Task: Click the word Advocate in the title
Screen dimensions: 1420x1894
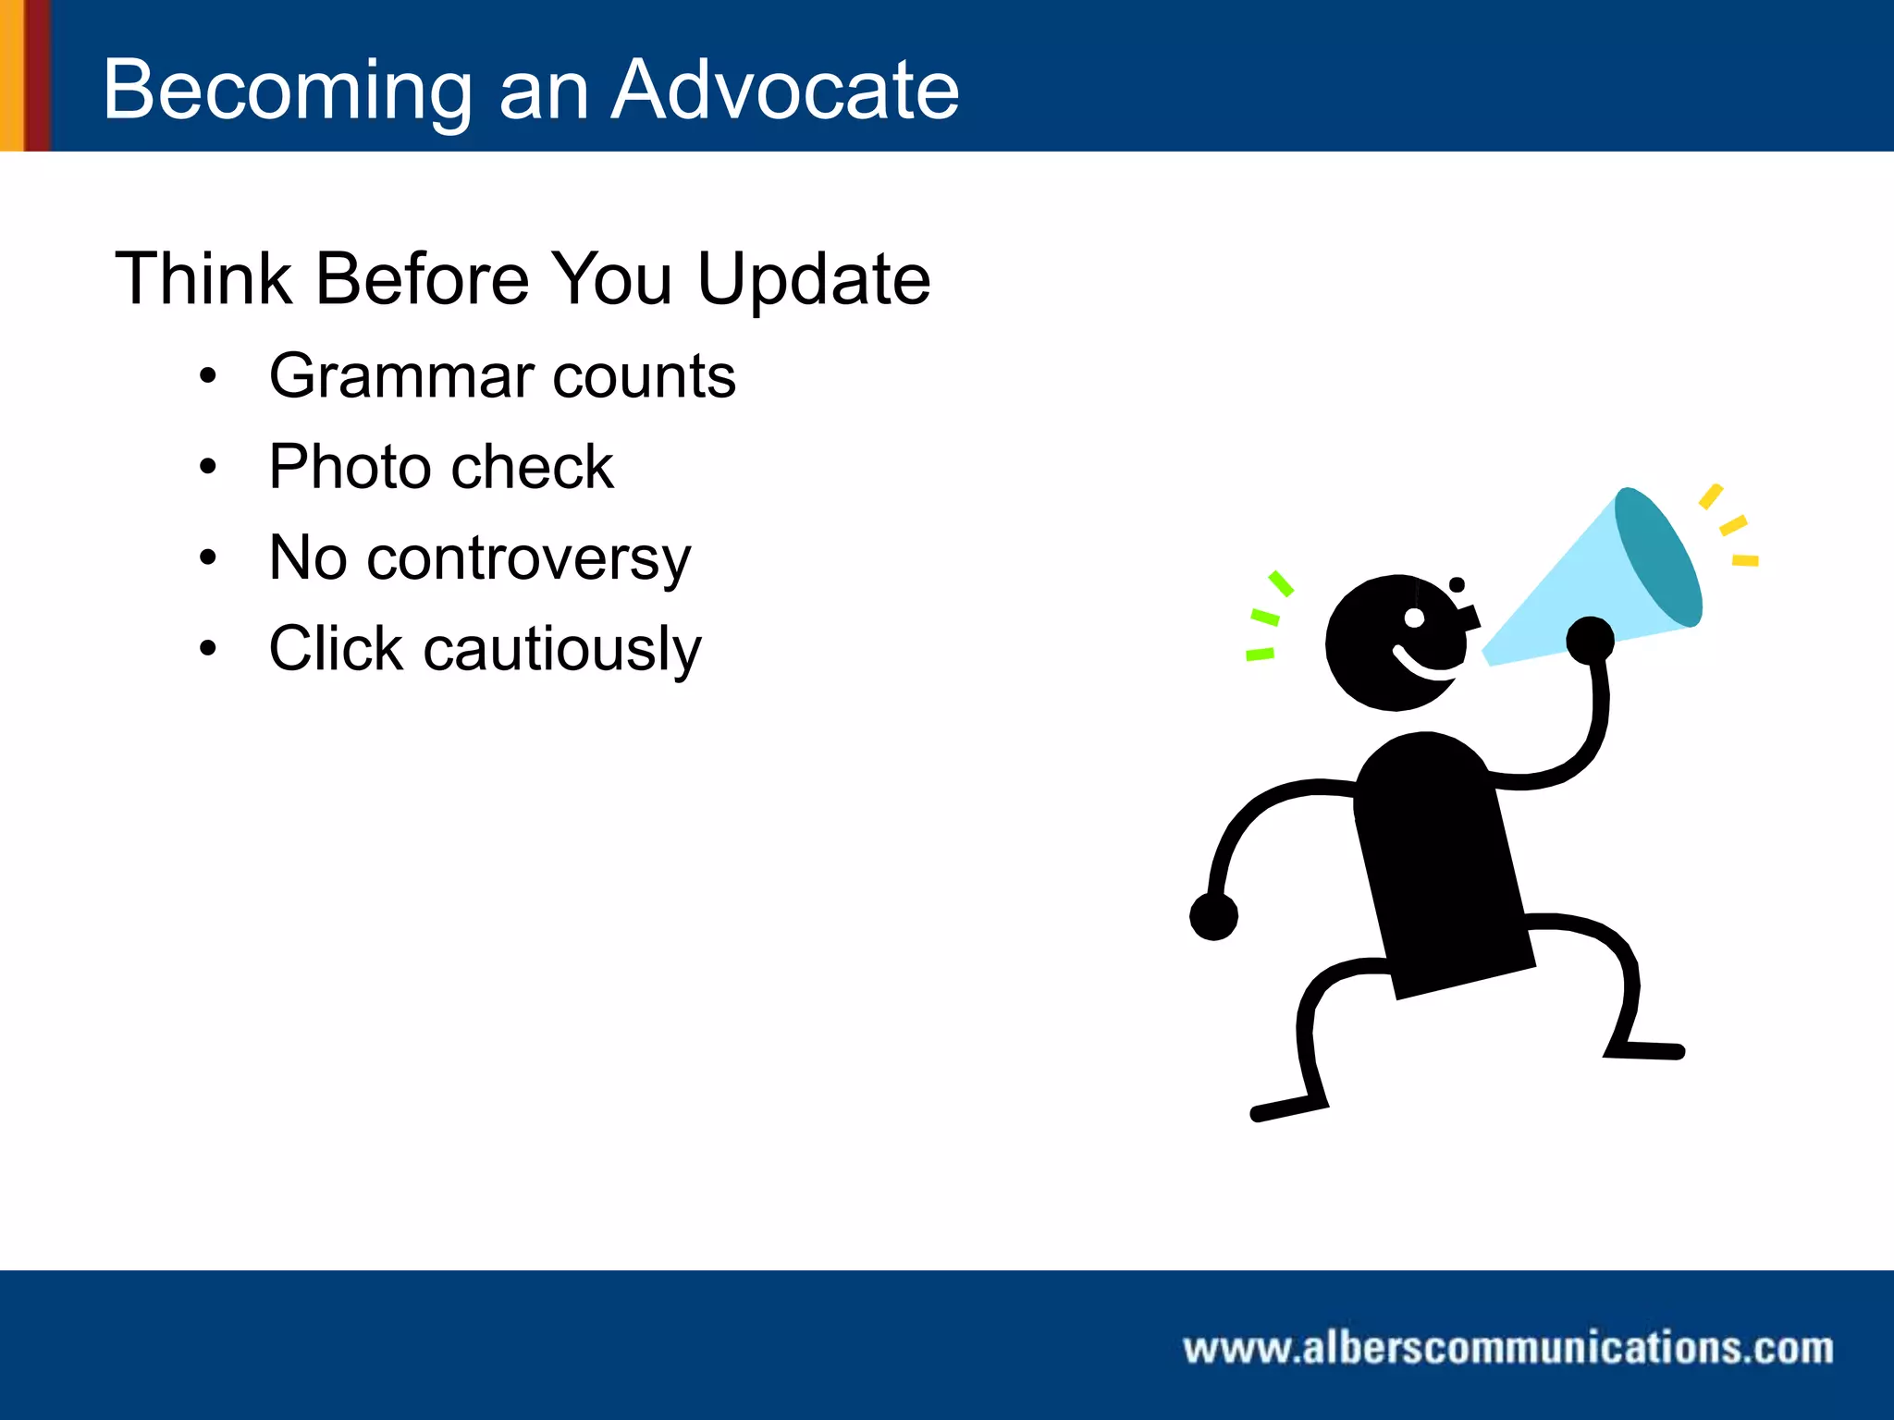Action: point(786,90)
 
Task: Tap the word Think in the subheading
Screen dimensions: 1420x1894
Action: point(203,278)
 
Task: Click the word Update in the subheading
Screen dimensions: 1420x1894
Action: point(813,280)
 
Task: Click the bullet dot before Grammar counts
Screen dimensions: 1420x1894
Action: point(208,376)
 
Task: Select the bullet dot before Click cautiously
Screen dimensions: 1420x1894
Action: point(208,648)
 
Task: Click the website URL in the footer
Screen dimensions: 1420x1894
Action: point(1507,1348)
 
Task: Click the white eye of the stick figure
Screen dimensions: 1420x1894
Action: point(1414,618)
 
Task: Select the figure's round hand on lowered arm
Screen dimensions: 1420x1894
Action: point(1213,916)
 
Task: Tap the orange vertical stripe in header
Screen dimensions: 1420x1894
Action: point(11,75)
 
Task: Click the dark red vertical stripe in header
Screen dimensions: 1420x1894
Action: point(37,75)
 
